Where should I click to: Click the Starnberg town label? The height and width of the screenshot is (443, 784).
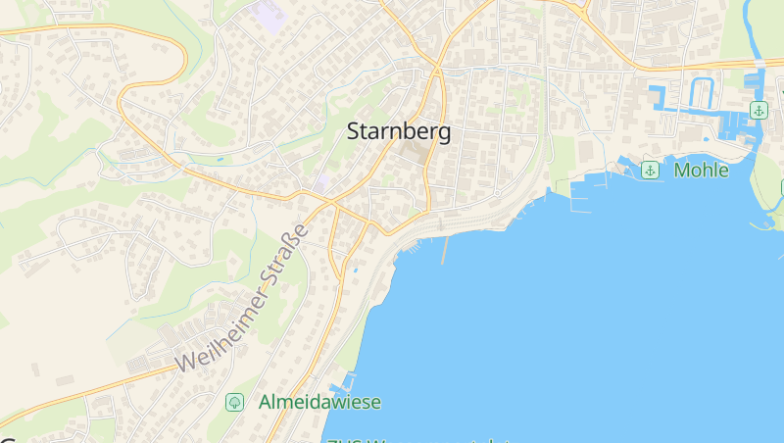tap(399, 132)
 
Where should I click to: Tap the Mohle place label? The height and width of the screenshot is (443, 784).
tap(702, 171)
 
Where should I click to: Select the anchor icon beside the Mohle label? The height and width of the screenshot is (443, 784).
tap(649, 171)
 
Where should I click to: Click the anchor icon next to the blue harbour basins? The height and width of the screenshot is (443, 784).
tap(758, 109)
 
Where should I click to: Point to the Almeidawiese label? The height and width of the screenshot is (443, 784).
tap(319, 402)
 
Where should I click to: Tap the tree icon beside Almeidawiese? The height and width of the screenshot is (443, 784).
tap(234, 402)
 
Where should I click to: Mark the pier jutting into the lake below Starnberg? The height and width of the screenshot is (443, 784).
tap(444, 250)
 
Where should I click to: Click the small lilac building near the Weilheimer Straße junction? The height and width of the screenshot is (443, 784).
tap(321, 183)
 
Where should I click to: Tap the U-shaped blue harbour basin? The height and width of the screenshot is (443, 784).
tap(702, 94)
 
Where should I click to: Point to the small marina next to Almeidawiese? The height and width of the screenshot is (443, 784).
tap(344, 382)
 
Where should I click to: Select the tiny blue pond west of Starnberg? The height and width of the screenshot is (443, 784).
tap(220, 159)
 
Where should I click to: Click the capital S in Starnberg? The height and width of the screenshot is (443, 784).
tap(355, 132)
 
